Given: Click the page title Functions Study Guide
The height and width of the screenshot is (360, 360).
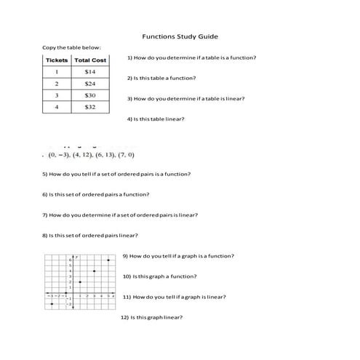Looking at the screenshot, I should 180,36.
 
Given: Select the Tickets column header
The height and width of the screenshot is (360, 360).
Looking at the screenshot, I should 57,60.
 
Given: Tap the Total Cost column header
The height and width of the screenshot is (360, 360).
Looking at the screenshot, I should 91,60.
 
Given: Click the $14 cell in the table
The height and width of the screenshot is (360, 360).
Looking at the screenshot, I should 91,72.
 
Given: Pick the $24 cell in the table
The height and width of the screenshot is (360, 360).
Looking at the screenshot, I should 91,84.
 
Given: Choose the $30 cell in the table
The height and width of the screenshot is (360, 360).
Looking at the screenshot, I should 91,95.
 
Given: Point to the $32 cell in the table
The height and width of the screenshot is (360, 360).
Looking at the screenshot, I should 91,107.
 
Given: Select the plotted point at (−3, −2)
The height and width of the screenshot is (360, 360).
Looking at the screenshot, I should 52,303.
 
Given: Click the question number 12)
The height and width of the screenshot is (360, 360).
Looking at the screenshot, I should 125,317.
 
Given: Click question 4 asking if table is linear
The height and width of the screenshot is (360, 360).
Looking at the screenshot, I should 156,119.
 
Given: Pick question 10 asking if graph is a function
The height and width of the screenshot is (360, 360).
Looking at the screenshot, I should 160,276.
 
